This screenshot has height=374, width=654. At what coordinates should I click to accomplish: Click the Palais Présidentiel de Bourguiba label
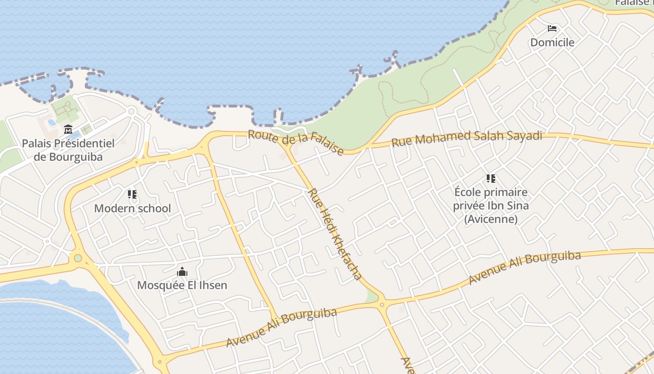(68, 150)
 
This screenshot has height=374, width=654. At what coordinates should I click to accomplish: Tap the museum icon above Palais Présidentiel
(68, 129)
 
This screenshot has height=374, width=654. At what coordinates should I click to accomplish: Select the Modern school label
(133, 209)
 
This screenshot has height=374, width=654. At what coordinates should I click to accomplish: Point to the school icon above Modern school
(132, 194)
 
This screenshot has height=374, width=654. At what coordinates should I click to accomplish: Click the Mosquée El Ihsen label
(182, 285)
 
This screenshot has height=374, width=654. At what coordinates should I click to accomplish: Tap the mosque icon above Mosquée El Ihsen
(182, 271)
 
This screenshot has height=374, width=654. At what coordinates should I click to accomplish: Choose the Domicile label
(552, 43)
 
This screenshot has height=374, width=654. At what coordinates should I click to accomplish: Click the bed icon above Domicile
(552, 28)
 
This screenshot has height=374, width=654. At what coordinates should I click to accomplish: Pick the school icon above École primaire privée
(490, 178)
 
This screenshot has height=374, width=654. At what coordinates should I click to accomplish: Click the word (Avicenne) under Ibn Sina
(491, 219)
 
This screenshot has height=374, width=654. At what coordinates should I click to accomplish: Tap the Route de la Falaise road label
(296, 142)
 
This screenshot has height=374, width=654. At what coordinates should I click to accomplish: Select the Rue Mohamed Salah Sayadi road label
(467, 138)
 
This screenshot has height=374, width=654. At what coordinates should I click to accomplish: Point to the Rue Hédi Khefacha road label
(334, 234)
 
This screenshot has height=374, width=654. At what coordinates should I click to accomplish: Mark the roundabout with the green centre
(78, 258)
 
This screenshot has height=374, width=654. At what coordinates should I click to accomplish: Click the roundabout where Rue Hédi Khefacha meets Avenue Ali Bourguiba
(382, 305)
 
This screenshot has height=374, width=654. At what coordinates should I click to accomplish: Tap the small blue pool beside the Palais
(51, 122)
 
